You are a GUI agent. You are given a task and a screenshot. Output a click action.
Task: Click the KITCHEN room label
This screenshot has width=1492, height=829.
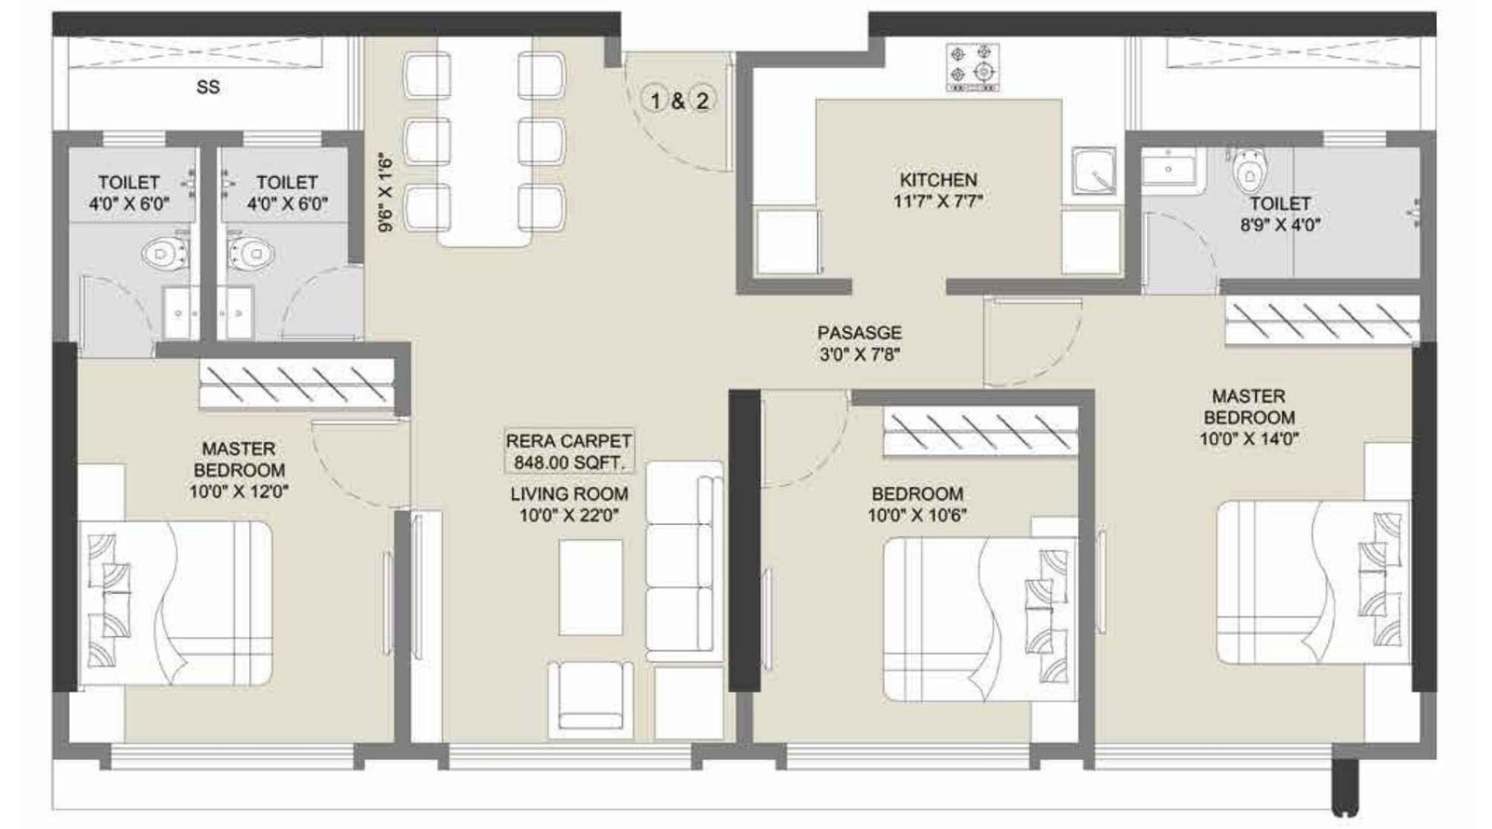tap(938, 180)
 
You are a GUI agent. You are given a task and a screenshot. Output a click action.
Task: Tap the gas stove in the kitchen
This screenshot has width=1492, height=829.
tap(974, 67)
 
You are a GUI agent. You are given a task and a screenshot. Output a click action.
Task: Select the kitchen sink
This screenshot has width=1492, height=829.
tap(1094, 172)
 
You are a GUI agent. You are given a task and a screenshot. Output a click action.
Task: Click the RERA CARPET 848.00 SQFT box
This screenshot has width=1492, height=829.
tap(568, 451)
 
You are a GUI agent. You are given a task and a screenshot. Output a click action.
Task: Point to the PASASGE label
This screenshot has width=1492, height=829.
tap(859, 332)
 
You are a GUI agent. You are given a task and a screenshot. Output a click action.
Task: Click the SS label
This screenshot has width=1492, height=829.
tap(208, 88)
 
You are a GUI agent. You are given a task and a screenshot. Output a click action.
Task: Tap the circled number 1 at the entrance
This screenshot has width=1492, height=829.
tap(656, 102)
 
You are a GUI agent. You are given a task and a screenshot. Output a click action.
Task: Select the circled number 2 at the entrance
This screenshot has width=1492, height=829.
tap(702, 102)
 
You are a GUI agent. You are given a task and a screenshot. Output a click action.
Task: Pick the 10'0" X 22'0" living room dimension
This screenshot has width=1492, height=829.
tap(570, 516)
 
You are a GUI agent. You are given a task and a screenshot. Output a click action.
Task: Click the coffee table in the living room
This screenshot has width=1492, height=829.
tap(591, 587)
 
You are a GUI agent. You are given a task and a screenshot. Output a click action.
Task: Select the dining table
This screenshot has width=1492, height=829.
tap(484, 141)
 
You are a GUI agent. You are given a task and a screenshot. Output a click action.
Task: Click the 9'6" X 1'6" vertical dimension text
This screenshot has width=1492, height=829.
tap(386, 193)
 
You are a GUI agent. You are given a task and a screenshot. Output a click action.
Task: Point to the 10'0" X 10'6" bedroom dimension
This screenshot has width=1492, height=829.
tap(918, 516)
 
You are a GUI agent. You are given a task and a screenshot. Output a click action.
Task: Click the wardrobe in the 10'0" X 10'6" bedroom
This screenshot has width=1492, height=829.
tap(980, 432)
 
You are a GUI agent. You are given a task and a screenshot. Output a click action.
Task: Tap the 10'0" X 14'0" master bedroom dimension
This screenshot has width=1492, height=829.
tap(1249, 439)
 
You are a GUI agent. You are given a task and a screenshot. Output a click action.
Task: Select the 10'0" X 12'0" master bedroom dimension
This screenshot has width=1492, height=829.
tap(239, 492)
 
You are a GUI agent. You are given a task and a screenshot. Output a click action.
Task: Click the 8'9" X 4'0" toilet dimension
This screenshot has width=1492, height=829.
tap(1279, 225)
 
